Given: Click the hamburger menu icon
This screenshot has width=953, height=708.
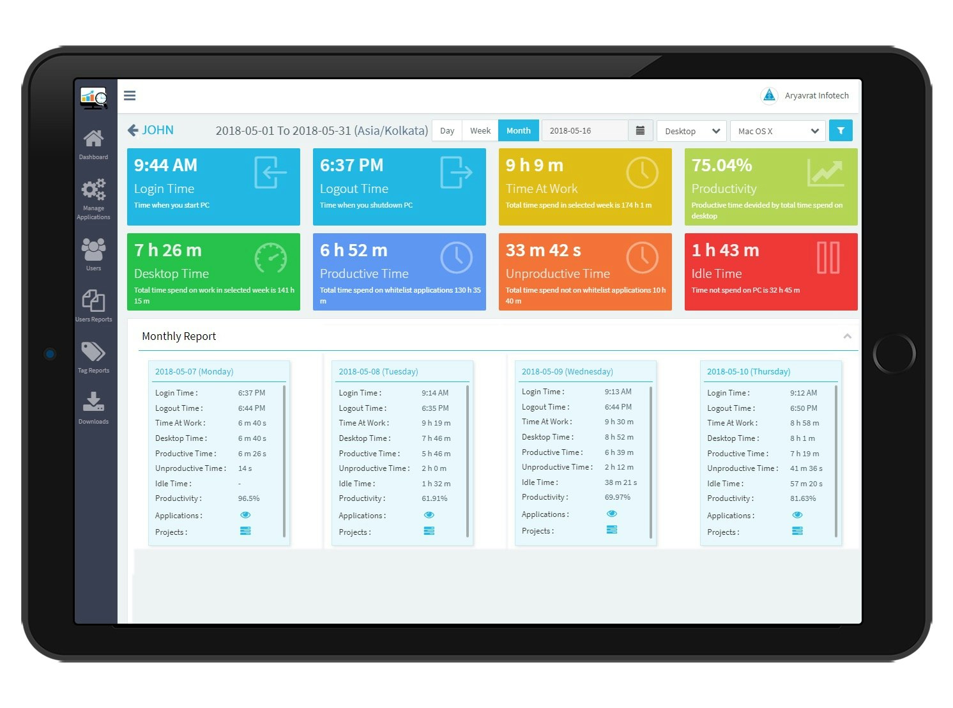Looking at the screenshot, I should [x=130, y=96].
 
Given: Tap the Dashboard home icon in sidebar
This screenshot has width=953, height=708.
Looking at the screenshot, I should [x=93, y=138].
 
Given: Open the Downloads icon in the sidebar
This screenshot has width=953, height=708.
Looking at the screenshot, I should [x=93, y=402].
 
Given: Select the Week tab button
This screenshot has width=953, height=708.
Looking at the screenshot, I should [x=480, y=131].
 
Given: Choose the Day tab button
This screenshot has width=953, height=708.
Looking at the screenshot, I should [x=447, y=131].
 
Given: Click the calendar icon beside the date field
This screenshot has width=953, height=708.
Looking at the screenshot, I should [x=640, y=131].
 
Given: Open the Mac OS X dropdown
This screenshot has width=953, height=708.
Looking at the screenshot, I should [x=777, y=131].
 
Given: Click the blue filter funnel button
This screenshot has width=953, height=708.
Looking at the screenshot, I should [x=841, y=131].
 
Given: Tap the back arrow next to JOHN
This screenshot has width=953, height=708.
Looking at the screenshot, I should [x=133, y=130].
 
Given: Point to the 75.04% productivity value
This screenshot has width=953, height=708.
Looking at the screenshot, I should [x=722, y=165].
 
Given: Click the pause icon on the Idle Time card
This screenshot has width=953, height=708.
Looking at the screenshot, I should [x=828, y=258].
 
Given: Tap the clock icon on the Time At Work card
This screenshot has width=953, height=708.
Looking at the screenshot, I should [x=642, y=173].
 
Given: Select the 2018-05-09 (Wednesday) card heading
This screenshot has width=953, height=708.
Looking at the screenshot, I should [x=567, y=372].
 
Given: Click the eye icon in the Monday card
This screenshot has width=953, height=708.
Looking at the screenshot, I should [x=245, y=515].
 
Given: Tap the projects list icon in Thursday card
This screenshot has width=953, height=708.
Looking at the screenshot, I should [x=797, y=531].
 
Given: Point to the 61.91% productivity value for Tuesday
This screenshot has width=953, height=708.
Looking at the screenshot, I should [x=434, y=498].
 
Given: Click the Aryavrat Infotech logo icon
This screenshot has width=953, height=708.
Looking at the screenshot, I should [x=769, y=96].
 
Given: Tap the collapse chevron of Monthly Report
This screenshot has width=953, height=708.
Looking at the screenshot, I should [x=847, y=336].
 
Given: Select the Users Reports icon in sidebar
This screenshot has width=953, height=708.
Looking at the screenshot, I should [x=93, y=300].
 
